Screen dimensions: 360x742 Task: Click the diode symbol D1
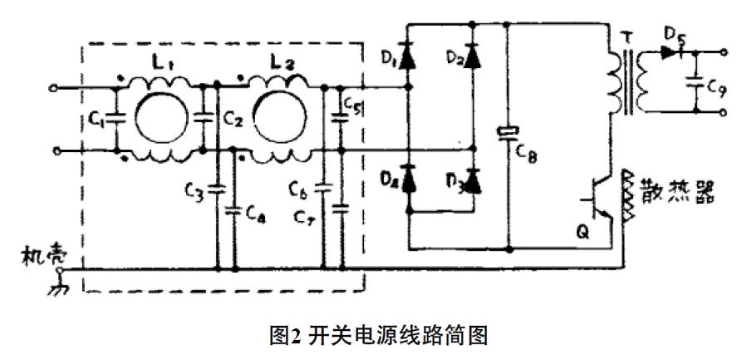[x=408, y=57]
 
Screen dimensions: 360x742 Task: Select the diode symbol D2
[x=474, y=57]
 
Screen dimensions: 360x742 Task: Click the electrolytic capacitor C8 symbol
[x=507, y=134]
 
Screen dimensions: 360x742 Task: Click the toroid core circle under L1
[x=165, y=117]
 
